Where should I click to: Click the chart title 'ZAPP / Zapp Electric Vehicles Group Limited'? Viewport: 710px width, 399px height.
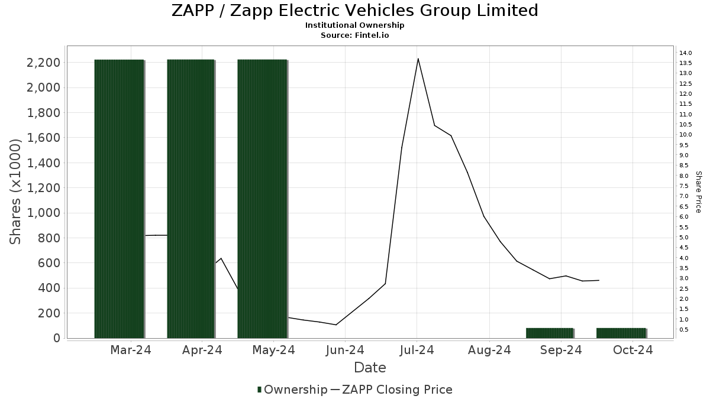354,11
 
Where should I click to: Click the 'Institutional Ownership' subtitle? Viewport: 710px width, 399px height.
354,25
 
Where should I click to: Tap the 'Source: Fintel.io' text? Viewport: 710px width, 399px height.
354,35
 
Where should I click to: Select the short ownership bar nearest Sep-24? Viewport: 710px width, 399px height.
550,333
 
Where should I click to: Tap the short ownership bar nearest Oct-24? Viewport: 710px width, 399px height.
621,333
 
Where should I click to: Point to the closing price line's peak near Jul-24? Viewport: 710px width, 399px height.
418,59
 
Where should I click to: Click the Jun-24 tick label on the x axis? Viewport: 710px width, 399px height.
346,351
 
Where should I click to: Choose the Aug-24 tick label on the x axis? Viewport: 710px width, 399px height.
489,351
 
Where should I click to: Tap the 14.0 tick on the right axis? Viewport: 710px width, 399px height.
686,53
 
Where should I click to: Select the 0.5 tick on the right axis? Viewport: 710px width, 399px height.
684,329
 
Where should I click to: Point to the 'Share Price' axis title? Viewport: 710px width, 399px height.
698,192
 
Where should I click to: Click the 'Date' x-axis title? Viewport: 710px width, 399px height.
370,368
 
